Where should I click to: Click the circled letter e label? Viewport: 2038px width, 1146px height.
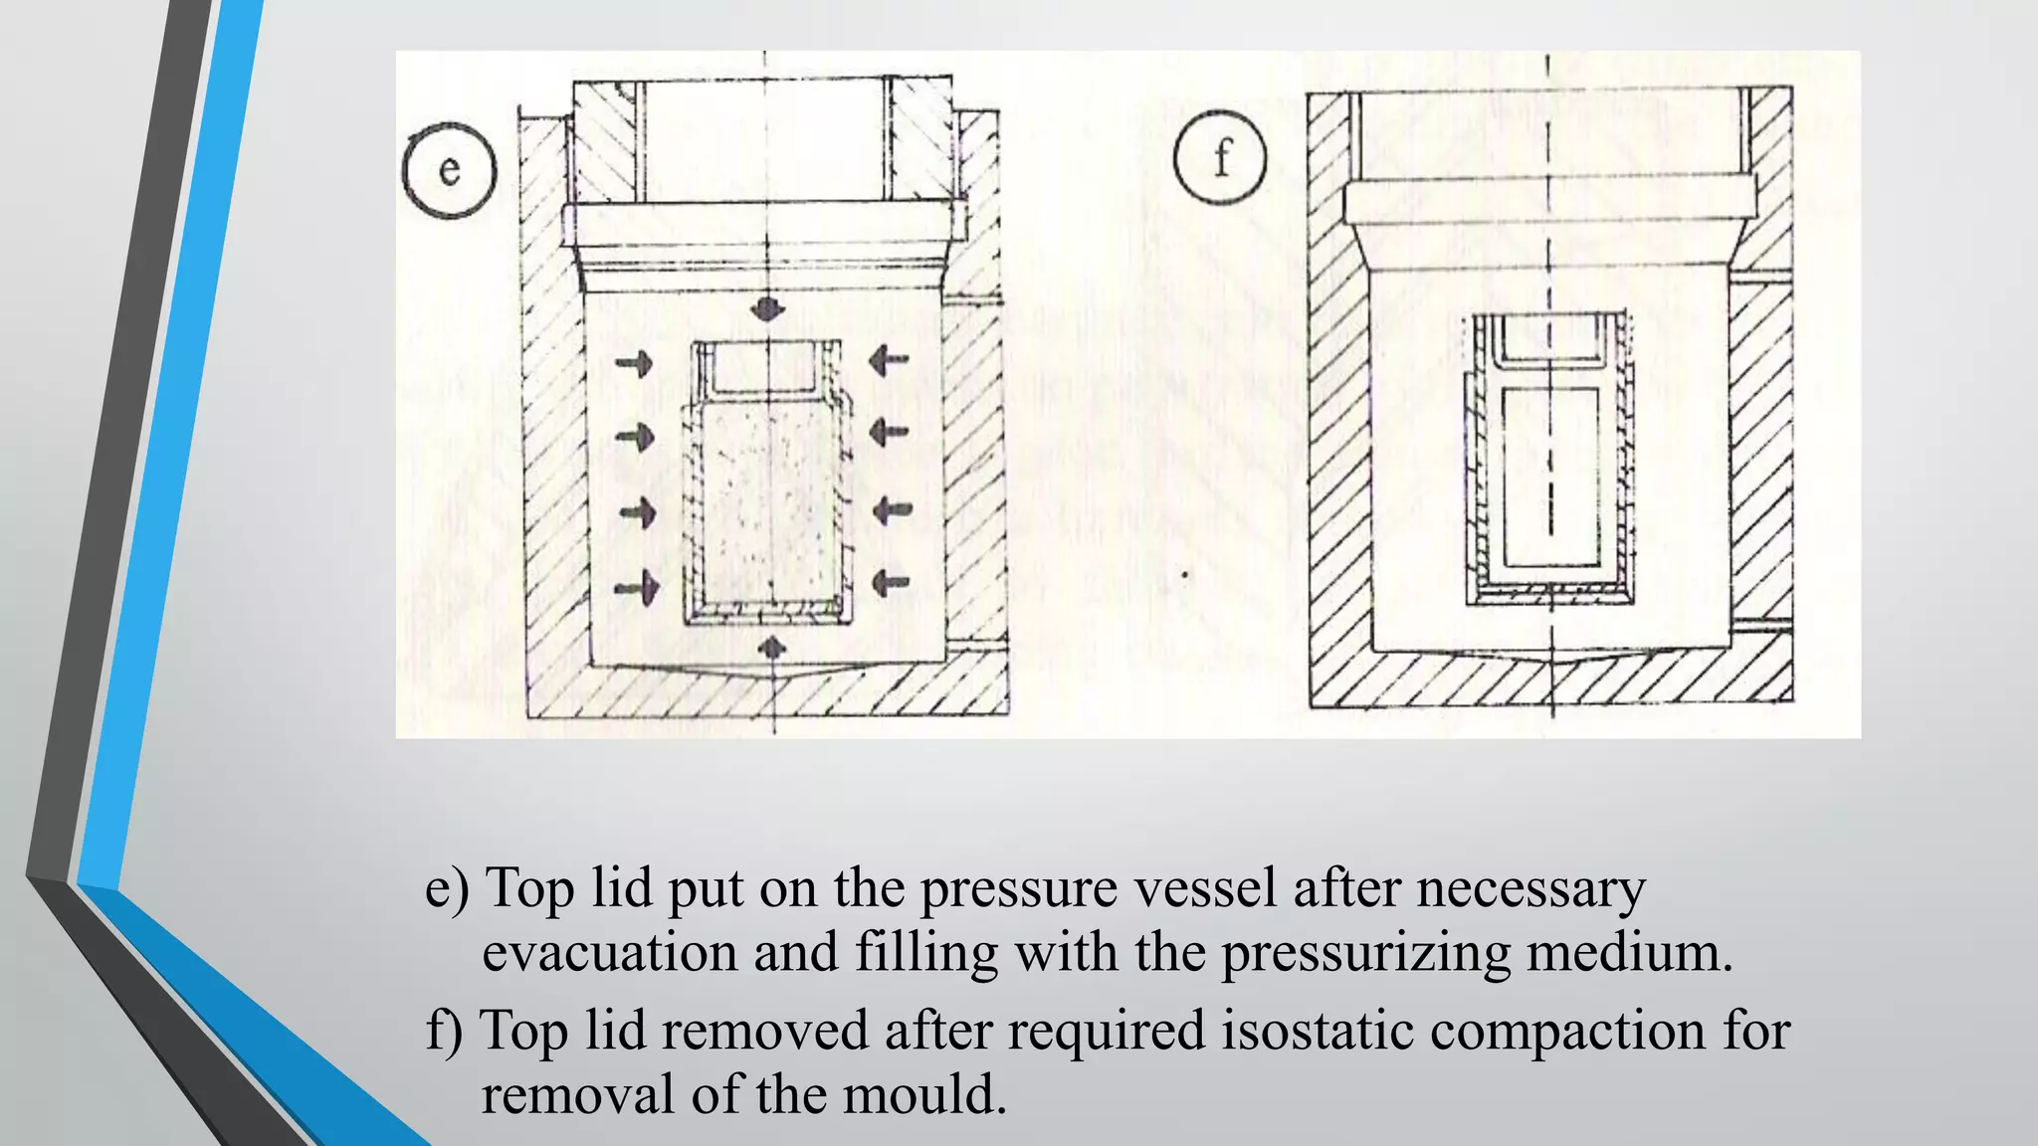[x=449, y=170]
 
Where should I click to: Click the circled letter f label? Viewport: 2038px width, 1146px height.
[x=1220, y=158]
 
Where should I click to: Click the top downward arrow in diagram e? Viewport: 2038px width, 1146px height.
[x=766, y=307]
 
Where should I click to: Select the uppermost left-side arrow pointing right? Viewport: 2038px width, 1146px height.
[x=635, y=363]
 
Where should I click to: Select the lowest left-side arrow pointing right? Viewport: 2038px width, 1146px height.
[x=638, y=587]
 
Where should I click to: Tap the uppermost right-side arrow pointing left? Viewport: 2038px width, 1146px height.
[x=889, y=359]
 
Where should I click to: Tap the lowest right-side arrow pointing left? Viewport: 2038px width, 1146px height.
[x=891, y=582]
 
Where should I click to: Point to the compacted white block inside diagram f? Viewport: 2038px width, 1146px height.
[x=1549, y=477]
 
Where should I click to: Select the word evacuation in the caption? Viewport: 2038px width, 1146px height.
[x=609, y=953]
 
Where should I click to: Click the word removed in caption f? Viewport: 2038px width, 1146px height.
[x=764, y=1031]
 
